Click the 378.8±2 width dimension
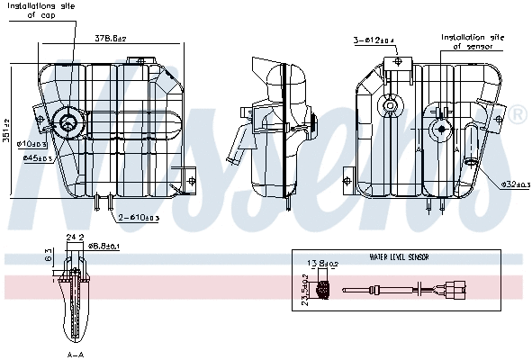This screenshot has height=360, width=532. coord(110,39)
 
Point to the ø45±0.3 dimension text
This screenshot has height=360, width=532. coord(36,158)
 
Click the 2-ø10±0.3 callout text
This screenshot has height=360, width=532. coord(140,218)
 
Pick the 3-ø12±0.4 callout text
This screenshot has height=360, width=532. coord(372,40)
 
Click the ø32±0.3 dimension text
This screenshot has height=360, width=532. coord(515,184)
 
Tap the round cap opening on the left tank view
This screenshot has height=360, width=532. coord(68,122)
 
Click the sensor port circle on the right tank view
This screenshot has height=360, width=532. coord(441,128)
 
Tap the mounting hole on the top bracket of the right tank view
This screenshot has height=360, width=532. coord(397,62)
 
